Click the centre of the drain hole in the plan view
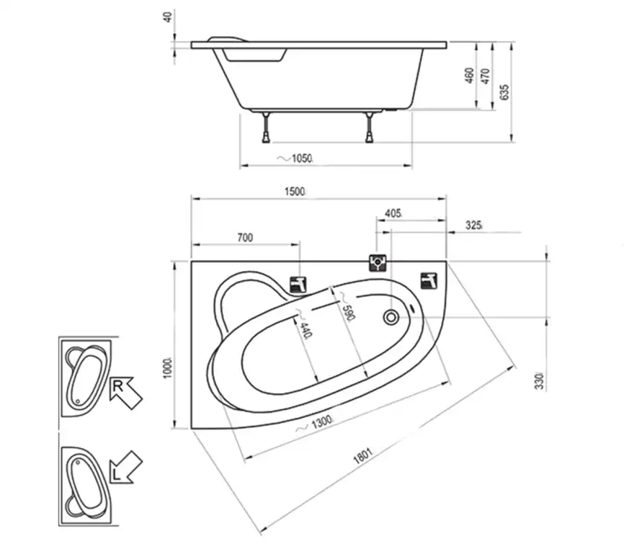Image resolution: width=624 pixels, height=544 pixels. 391,318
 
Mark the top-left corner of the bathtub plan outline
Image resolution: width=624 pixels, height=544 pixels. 192,262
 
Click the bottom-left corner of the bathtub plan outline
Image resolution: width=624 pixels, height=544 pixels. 192,429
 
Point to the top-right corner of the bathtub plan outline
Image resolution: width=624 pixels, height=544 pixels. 447,262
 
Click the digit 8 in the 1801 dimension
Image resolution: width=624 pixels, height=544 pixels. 360,458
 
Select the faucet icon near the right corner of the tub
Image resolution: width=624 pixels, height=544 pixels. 429,280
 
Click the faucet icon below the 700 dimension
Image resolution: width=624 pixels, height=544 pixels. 298,285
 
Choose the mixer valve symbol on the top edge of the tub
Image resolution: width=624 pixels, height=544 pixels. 378,263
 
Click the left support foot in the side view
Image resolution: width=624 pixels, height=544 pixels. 266,128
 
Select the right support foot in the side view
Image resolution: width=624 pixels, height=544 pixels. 370,128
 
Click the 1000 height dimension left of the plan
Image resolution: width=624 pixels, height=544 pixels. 169,368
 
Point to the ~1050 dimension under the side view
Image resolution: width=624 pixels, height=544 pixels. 295,159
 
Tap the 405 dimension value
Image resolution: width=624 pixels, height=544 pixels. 393,213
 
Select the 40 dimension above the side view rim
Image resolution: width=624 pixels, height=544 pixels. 168,17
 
